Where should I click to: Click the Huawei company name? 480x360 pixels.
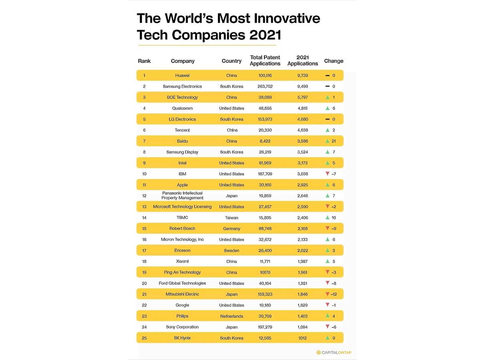[x=182, y=76]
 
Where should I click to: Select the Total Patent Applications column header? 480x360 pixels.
[x=265, y=60]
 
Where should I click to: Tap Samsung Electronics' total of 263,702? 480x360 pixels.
[x=265, y=86]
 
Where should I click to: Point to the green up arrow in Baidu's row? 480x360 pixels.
[x=328, y=141]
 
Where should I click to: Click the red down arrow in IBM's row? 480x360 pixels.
[x=328, y=174]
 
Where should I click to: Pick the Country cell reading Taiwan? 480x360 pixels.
[x=232, y=218]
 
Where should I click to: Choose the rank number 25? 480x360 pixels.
[x=144, y=338]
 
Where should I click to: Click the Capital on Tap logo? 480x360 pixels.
[x=334, y=352]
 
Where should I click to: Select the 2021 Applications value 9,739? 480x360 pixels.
[x=302, y=76]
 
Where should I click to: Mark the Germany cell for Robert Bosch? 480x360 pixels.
[x=232, y=229]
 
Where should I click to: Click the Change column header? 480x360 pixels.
[x=334, y=61]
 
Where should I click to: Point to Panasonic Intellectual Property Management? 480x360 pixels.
[x=182, y=196]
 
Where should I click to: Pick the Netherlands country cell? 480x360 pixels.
[x=232, y=316]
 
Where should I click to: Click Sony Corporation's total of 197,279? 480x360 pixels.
[x=265, y=327]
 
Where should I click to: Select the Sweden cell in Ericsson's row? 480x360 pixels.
[x=232, y=250]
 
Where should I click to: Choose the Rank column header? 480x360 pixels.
[x=144, y=61]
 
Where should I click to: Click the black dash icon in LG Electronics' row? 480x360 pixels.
[x=327, y=119]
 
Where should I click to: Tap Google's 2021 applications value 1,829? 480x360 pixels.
[x=302, y=305]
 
